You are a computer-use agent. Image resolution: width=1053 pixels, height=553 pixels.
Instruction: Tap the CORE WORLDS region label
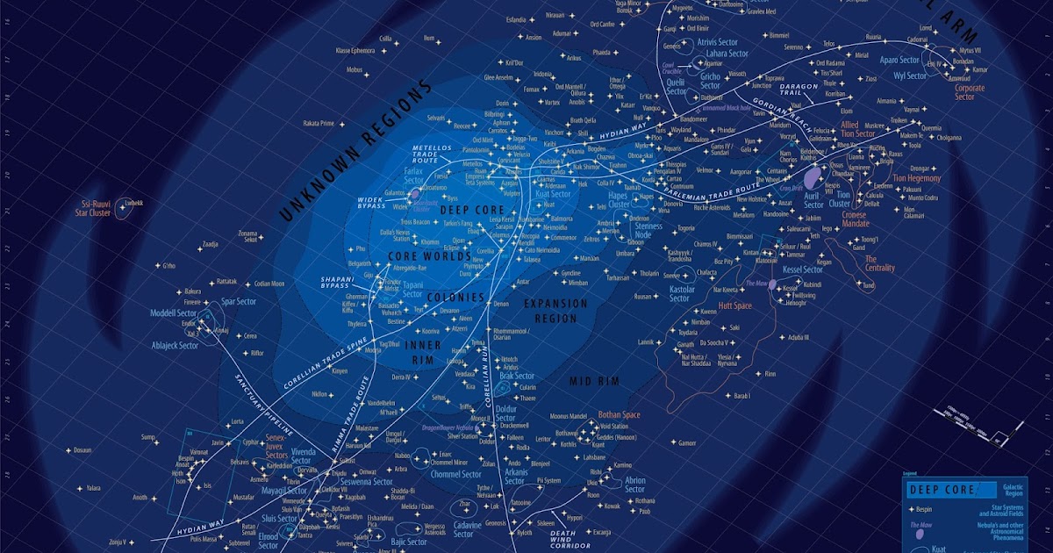click(x=424, y=255)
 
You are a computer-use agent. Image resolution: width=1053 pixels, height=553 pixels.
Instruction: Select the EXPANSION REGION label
click(x=555, y=309)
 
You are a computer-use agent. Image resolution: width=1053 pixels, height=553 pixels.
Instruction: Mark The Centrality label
click(x=884, y=264)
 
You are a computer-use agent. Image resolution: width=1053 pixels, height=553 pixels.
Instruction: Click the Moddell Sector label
click(x=174, y=313)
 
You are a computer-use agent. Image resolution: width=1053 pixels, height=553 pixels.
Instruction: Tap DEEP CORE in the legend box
click(x=942, y=490)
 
